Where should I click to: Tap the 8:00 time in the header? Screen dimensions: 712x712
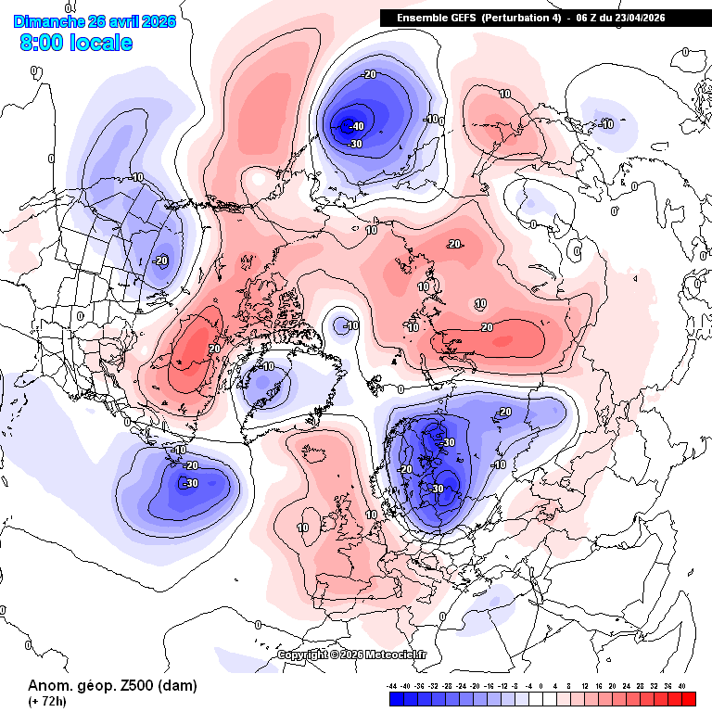coord(43,43)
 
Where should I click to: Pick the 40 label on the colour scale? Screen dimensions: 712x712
coord(681,685)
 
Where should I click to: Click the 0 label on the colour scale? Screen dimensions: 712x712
coord(540,685)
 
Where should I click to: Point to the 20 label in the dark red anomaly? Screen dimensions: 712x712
coord(214,349)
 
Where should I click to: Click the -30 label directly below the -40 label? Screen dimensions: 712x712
coord(354,144)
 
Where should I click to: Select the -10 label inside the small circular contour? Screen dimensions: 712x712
coord(350,325)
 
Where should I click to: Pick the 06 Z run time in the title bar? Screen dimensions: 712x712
coord(587,18)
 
